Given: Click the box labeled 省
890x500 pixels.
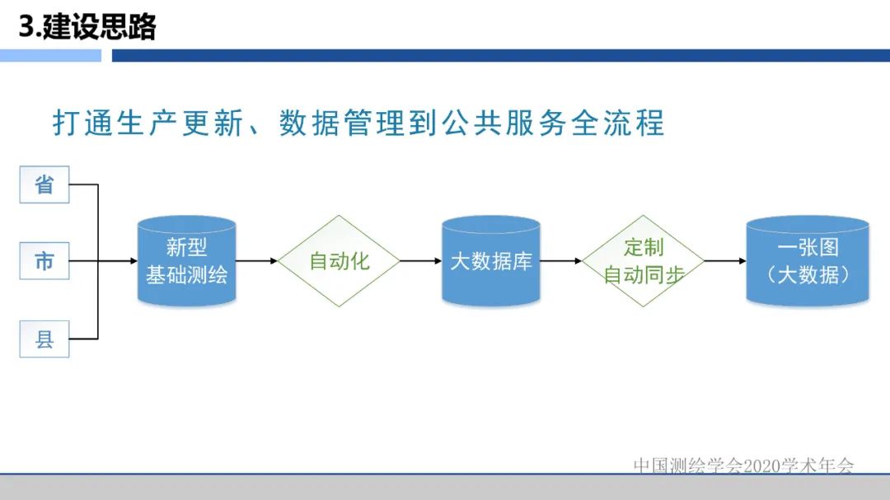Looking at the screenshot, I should [x=44, y=184].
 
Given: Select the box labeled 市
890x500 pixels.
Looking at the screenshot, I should [x=44, y=261].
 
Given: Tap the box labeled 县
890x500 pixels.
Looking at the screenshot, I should [x=44, y=339].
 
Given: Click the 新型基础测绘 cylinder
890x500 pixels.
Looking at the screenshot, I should [x=187, y=261].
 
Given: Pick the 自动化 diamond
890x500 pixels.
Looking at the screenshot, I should [x=339, y=261].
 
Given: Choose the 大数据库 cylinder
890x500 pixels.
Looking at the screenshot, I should [x=491, y=261].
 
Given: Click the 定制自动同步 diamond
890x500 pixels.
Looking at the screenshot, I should [x=644, y=261].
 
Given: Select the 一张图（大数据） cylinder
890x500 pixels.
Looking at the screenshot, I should [x=808, y=261].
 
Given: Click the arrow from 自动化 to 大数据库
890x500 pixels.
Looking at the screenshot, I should [x=420, y=261].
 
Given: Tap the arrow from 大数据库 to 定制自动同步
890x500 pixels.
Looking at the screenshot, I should [x=561, y=261].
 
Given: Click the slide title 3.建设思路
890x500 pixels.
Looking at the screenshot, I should [x=87, y=27].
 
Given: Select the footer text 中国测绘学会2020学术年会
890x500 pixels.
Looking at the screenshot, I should [x=744, y=465].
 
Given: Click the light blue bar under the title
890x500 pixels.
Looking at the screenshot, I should [x=50, y=55].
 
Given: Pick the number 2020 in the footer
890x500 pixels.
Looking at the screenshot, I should [x=761, y=465].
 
